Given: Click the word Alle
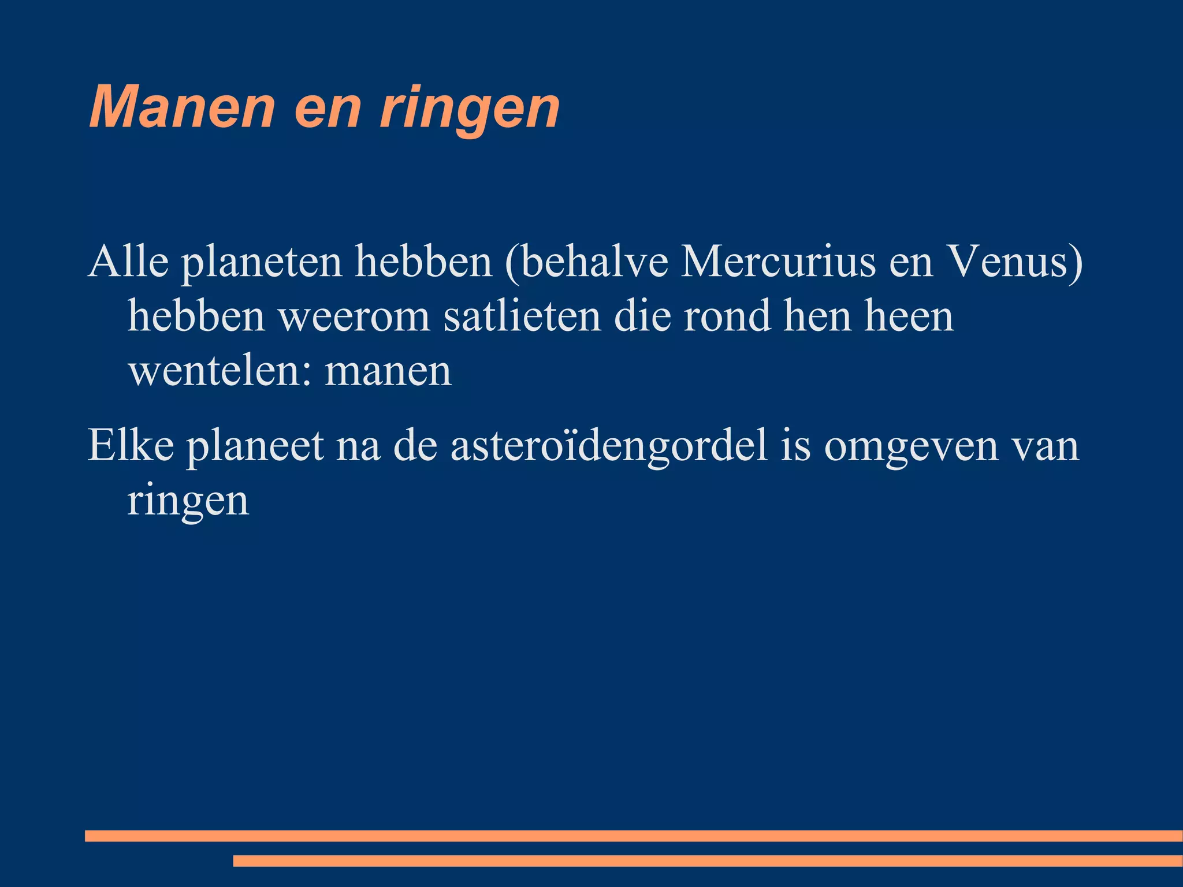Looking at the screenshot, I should tap(128, 262).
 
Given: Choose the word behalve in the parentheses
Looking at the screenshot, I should tap(586, 262).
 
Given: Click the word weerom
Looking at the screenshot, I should tap(354, 316).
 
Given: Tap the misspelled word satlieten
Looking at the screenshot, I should tap(522, 316).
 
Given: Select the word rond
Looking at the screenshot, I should tap(727, 316).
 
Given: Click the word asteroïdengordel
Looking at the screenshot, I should tap(609, 446).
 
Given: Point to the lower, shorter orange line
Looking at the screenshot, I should tap(707, 861).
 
